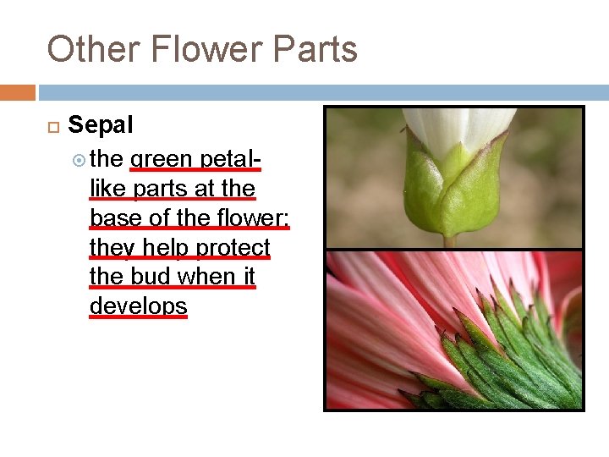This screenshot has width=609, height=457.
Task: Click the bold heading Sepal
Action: pyautogui.click(x=101, y=125)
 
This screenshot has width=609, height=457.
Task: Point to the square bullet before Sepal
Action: pyautogui.click(x=52, y=126)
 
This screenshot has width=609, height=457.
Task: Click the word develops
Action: pyautogui.click(x=138, y=306)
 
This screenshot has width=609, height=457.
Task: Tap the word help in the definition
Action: pyautogui.click(x=164, y=247)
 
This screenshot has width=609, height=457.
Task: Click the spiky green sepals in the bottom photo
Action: pyautogui.click(x=516, y=355)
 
